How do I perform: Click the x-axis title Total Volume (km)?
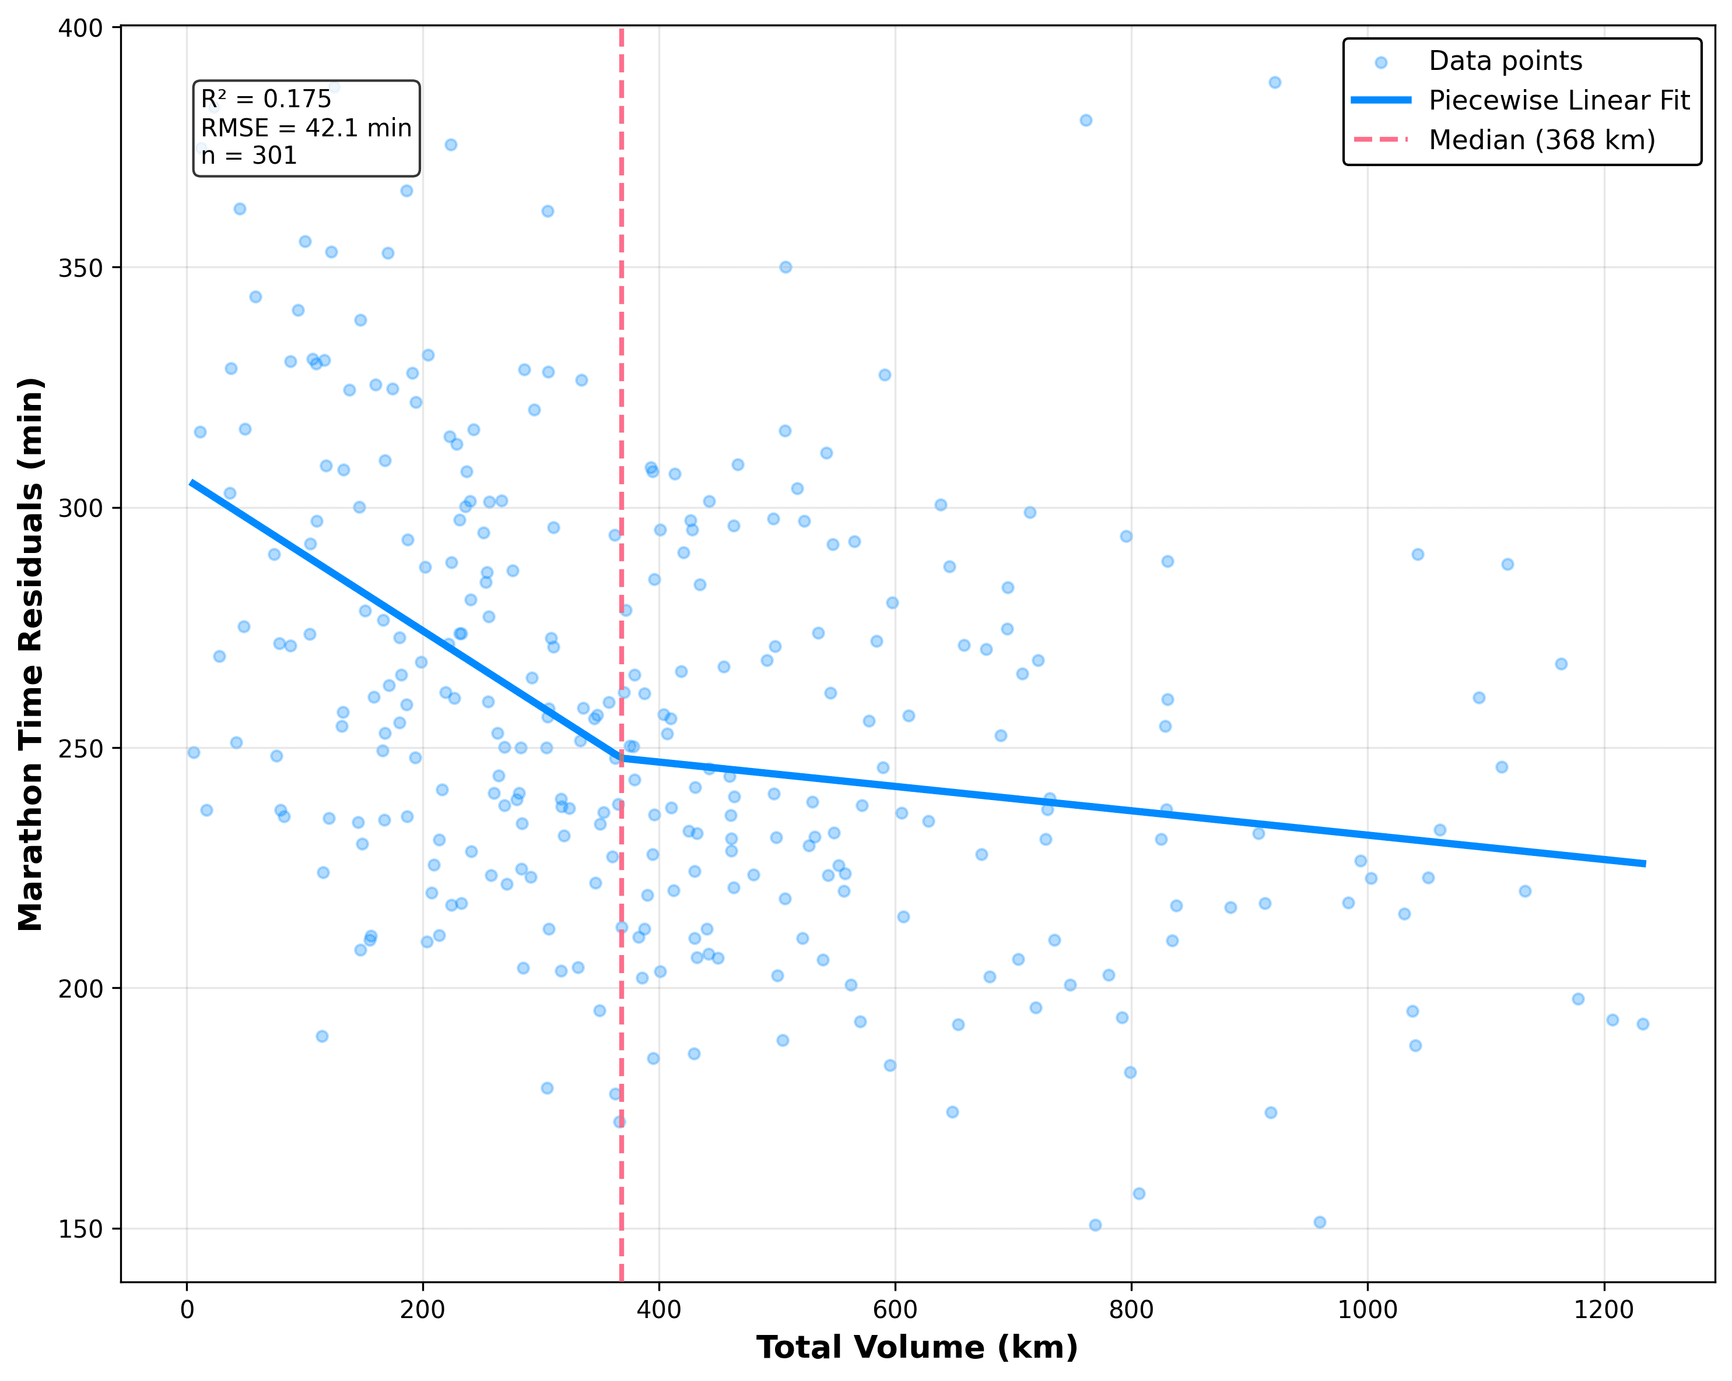pos(917,1347)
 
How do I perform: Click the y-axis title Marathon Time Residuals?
pos(30,654)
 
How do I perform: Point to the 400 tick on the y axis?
pos(81,28)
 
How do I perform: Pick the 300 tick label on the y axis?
pos(81,508)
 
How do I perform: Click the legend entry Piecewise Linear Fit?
pos(1558,100)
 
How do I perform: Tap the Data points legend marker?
pos(1381,62)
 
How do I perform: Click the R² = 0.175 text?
pos(266,98)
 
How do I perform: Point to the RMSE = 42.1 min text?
pos(306,128)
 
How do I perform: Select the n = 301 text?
pos(249,155)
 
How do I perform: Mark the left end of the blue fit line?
pos(190,482)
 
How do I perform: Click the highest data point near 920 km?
pos(1275,83)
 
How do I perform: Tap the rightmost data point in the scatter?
pos(1643,1024)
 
